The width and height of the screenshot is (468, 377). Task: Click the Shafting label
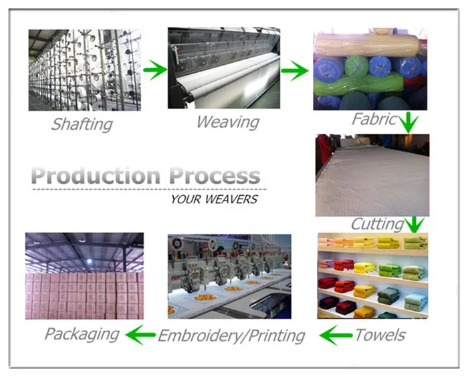click(x=82, y=124)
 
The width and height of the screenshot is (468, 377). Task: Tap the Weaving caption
click(x=227, y=122)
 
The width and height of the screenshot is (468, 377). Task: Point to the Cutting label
click(x=377, y=224)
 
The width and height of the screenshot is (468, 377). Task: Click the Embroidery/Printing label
click(x=231, y=335)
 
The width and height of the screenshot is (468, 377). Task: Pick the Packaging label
click(x=82, y=333)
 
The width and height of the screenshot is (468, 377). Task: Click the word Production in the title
click(x=96, y=176)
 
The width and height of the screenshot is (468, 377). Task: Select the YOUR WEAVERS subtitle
click(x=213, y=199)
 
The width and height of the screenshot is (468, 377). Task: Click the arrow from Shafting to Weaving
click(x=155, y=70)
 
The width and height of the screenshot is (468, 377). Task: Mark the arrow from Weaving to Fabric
click(x=294, y=70)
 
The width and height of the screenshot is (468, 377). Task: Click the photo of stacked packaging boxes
click(x=84, y=275)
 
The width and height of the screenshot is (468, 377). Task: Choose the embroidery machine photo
click(x=229, y=275)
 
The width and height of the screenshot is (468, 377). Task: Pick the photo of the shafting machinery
click(x=84, y=70)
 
